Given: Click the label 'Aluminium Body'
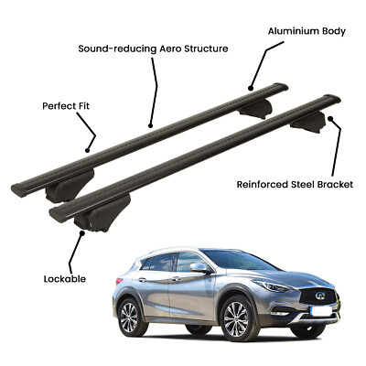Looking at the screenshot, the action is point(307,31).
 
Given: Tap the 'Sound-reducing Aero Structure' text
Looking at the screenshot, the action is point(153,48).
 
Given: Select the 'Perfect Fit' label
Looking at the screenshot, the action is point(66,106).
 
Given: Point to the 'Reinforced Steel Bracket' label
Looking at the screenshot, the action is point(295,185).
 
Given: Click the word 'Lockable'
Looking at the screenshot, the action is point(65,279).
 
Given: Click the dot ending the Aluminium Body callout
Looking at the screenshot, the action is point(251,89).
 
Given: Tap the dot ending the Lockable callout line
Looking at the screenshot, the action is point(81,233).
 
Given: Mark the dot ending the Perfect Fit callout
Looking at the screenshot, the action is point(88,150).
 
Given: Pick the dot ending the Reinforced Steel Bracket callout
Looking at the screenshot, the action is point(330,118).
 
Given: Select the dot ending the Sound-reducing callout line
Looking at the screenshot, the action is point(150,125).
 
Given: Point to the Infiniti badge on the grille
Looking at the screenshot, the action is point(319,295).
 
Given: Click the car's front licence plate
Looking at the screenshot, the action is point(320,311).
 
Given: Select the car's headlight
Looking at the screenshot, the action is point(274,285).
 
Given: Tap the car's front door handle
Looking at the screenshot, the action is point(176,279).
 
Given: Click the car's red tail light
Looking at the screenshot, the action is point(119,281).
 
